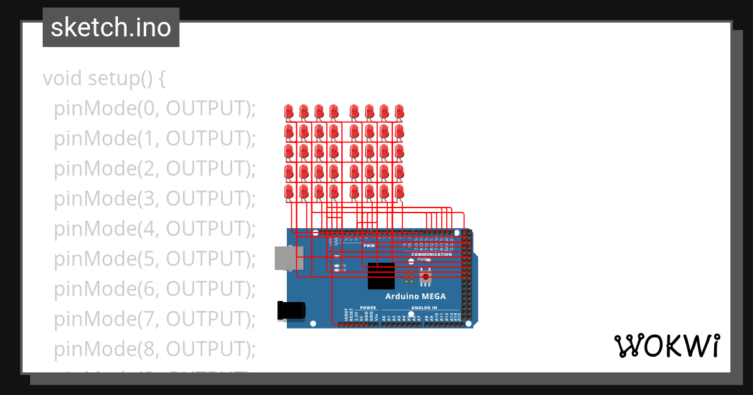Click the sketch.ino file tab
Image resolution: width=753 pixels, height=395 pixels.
pyautogui.click(x=111, y=28)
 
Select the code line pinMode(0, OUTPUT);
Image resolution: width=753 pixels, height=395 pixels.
pyautogui.click(x=155, y=108)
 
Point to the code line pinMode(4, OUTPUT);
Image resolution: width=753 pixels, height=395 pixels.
pyautogui.click(x=155, y=229)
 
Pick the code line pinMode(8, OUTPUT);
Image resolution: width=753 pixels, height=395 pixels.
pyautogui.click(x=155, y=349)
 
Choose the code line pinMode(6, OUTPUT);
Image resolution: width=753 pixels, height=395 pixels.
pyautogui.click(x=155, y=289)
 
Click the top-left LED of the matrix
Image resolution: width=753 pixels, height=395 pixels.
pyautogui.click(x=289, y=112)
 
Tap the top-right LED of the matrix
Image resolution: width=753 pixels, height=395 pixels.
pyautogui.click(x=399, y=112)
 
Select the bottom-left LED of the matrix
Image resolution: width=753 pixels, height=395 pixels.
pyautogui.click(x=289, y=192)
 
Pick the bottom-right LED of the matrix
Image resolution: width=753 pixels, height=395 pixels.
pyautogui.click(x=399, y=192)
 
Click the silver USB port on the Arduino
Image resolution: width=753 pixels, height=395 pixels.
pyautogui.click(x=289, y=258)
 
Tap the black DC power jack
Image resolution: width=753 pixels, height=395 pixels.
pyautogui.click(x=291, y=310)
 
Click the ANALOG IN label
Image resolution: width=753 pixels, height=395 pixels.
pyautogui.click(x=425, y=308)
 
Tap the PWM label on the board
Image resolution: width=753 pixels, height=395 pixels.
pyautogui.click(x=369, y=246)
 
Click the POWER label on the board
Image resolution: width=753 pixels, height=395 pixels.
pyautogui.click(x=368, y=308)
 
